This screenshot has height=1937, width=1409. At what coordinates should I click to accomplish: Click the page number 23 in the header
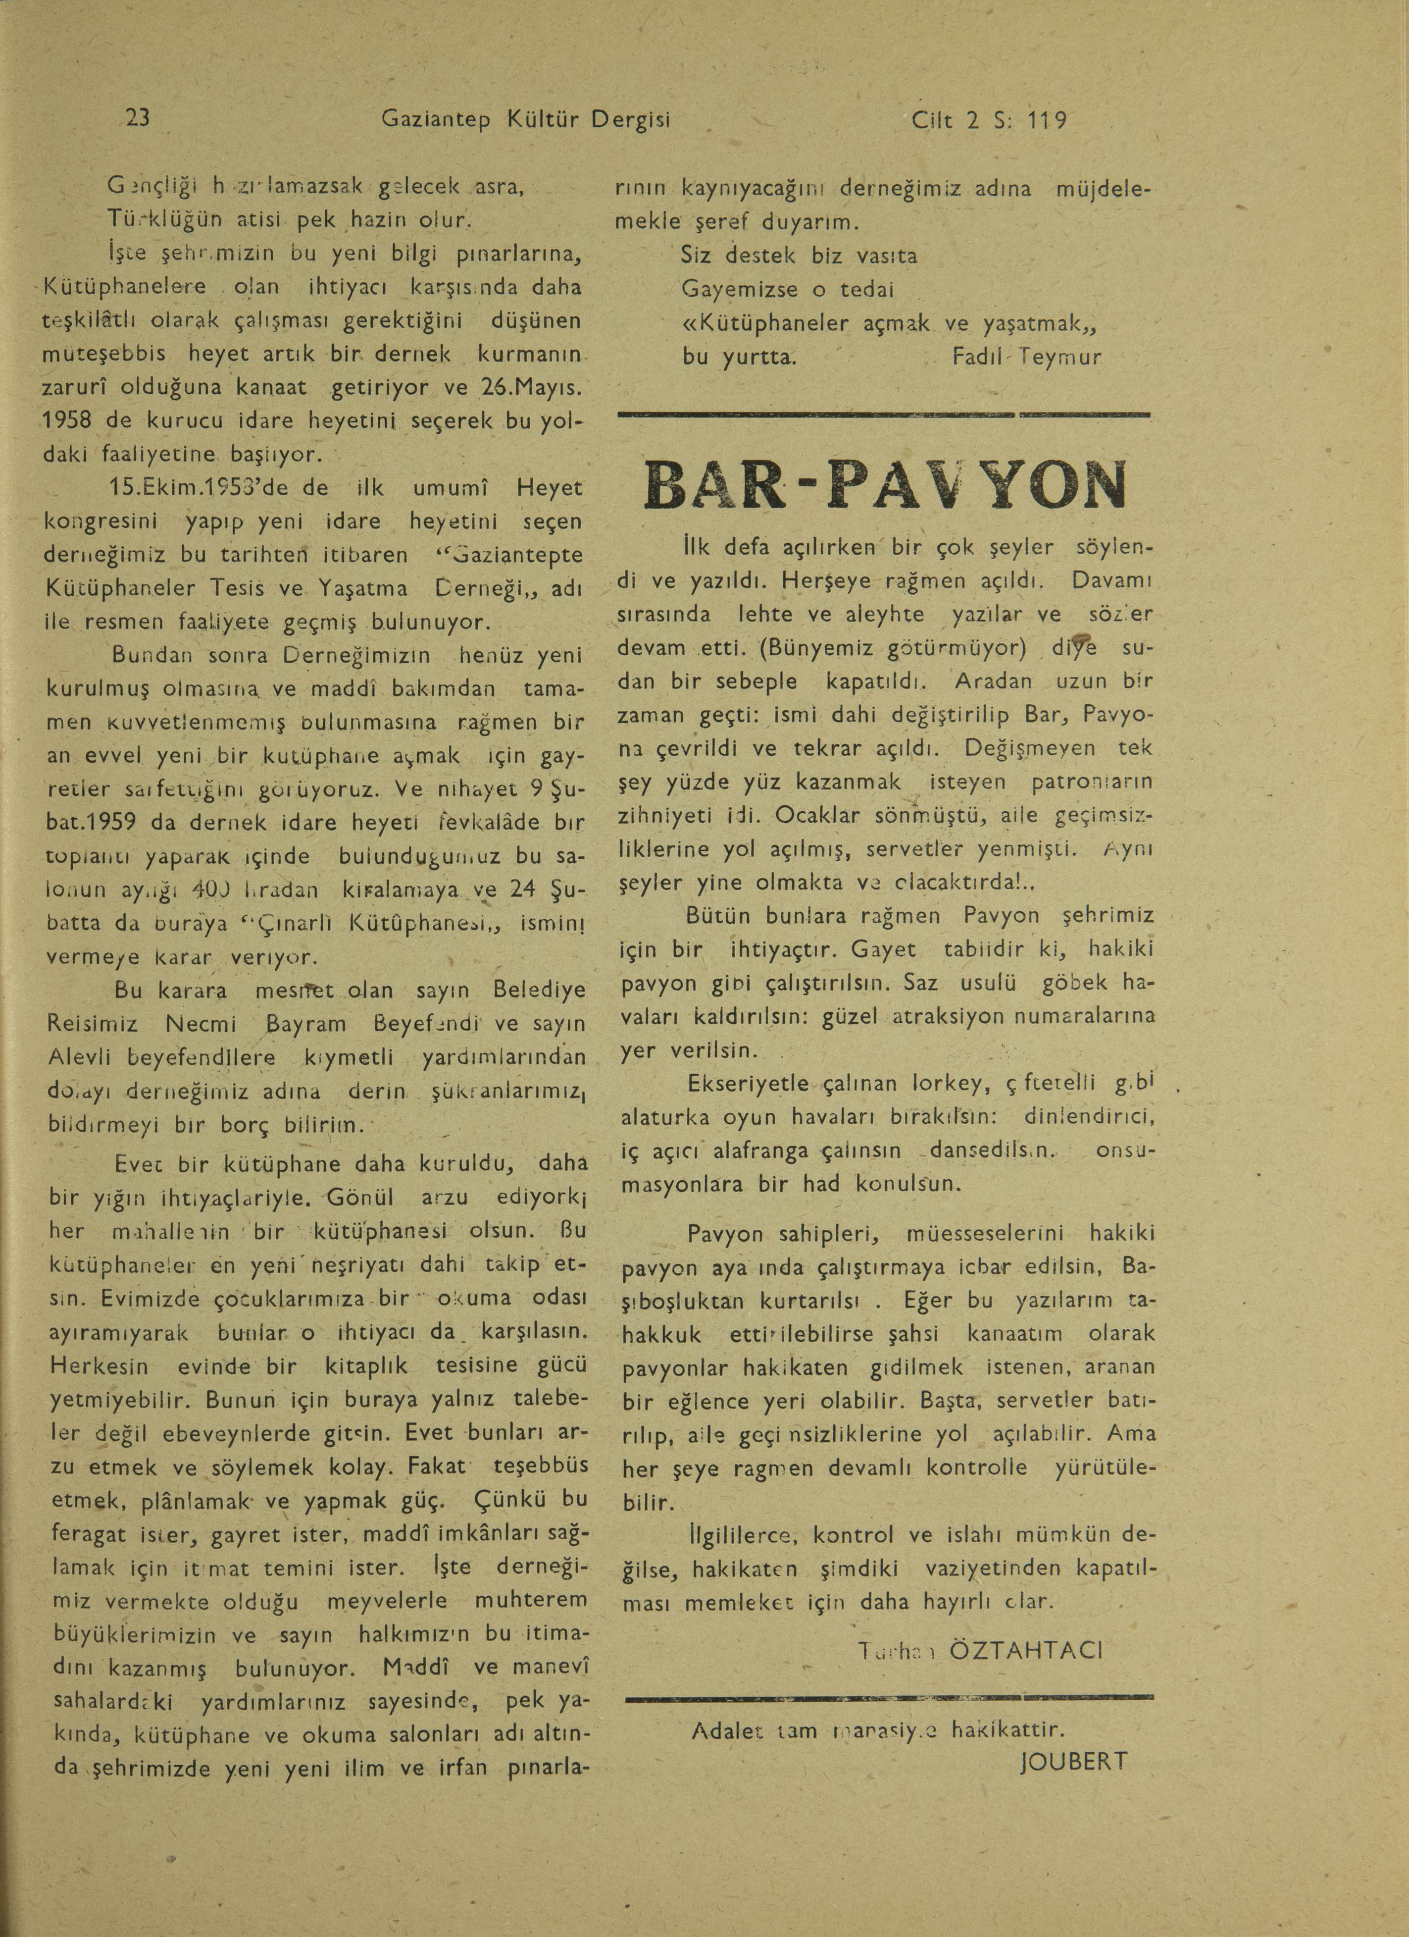(138, 119)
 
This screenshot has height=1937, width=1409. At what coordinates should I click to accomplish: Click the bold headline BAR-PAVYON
(885, 485)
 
